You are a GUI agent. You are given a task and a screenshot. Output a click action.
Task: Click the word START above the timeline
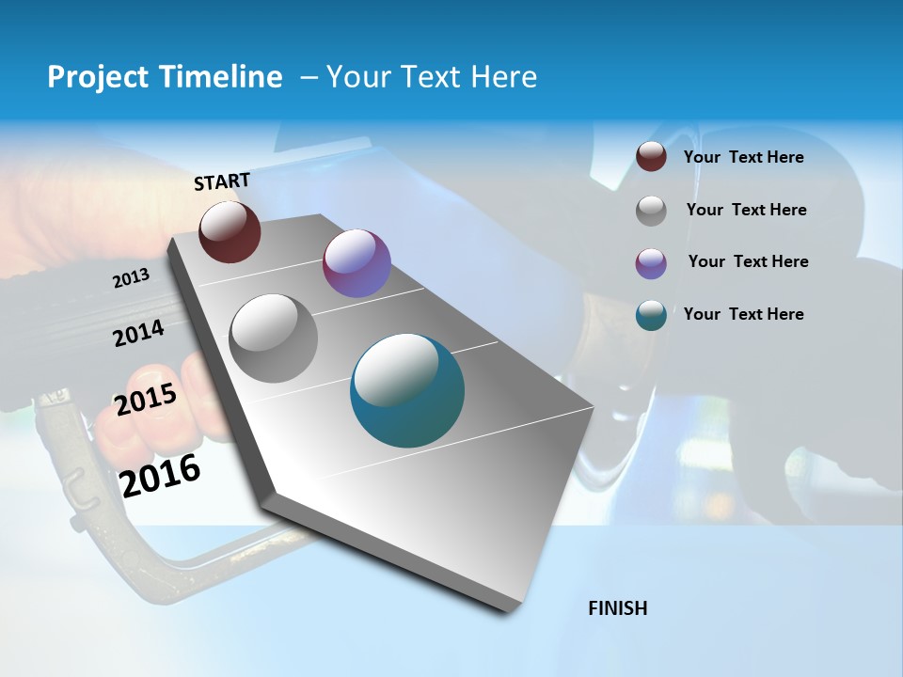[x=222, y=181]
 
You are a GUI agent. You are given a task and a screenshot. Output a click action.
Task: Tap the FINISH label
[x=617, y=608]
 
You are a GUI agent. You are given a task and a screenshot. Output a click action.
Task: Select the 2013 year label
[x=131, y=278]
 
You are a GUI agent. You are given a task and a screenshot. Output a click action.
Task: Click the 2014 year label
[x=138, y=333]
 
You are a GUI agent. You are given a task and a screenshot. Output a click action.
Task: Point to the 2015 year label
[x=146, y=400]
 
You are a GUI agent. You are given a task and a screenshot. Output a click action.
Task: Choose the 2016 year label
[x=160, y=476]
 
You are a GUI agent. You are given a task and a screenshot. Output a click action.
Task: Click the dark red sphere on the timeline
[x=230, y=231]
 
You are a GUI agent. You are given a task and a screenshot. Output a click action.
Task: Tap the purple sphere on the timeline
[x=356, y=263]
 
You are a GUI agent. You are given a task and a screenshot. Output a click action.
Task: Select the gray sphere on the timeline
[x=274, y=338]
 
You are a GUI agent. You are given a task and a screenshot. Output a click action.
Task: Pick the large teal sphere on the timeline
[x=407, y=390]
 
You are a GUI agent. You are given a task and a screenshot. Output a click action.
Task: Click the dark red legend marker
[x=651, y=156]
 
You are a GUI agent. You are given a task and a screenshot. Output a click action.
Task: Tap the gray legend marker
[x=651, y=211]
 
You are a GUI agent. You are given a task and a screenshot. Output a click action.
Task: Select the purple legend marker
[x=651, y=263]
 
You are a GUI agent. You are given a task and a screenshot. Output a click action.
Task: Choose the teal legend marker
[x=651, y=315]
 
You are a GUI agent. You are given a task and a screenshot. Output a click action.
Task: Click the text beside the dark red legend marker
[x=743, y=157]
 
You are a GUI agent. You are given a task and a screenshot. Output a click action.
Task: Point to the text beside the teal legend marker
[x=743, y=314]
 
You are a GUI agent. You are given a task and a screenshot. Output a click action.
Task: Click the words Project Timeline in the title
[x=165, y=77]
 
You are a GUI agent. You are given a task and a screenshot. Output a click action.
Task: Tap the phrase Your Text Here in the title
[x=432, y=77]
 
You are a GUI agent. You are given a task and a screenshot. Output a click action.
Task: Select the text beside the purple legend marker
[x=748, y=261]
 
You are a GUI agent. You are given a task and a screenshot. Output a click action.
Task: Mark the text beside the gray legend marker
[x=746, y=210]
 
